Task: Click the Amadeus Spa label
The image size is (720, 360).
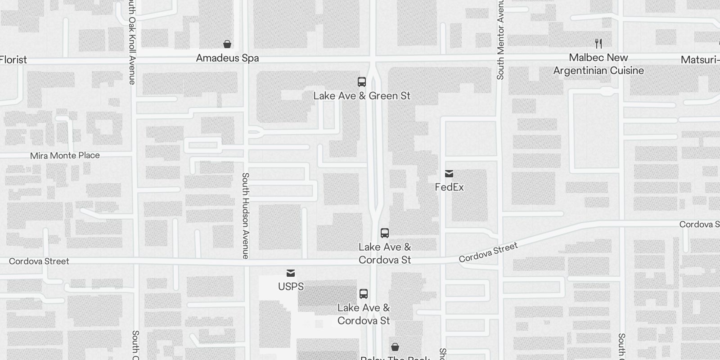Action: [227, 58]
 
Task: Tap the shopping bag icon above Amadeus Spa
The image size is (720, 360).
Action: [227, 44]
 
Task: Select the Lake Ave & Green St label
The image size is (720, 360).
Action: [362, 96]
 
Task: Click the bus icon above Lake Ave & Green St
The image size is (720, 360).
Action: [362, 82]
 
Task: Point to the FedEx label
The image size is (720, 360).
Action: [449, 187]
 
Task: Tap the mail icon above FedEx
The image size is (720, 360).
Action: [449, 174]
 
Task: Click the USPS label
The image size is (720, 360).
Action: [291, 287]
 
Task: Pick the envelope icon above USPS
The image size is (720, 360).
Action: [291, 273]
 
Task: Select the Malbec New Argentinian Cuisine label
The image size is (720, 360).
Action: [598, 64]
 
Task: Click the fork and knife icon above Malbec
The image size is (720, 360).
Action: [598, 44]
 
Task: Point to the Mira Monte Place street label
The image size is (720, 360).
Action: [65, 156]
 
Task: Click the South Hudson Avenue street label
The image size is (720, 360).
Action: [245, 216]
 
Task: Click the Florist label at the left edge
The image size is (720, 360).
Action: [13, 60]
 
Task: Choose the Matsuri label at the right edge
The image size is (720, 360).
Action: [700, 60]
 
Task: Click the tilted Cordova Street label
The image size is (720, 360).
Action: [488, 252]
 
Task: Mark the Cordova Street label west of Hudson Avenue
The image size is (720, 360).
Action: [39, 261]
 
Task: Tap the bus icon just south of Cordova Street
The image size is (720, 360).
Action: [364, 294]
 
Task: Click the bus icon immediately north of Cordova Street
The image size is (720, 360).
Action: [385, 233]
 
